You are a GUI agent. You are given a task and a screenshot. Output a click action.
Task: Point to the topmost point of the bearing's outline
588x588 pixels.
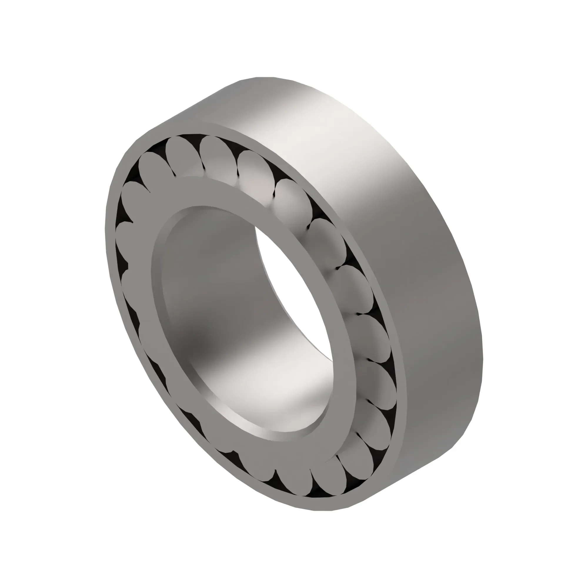point(265,77)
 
